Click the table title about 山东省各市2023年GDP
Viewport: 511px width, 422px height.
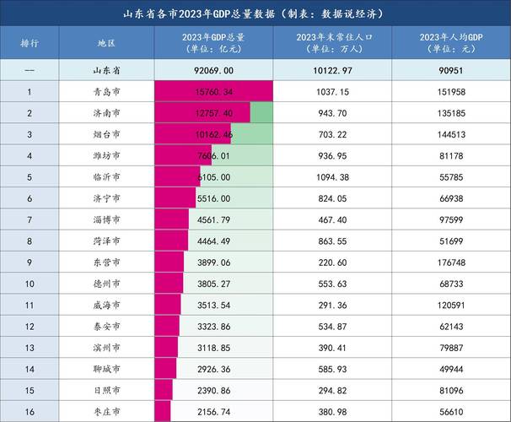(x=255, y=14)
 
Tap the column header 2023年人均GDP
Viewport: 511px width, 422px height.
(x=463, y=42)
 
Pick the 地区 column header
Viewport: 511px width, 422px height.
(x=106, y=41)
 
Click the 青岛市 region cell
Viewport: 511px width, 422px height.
(x=106, y=91)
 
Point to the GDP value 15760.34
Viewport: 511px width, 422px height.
(x=213, y=91)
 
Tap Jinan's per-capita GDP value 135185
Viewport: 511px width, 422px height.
(x=463, y=112)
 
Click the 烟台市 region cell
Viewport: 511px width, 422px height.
(x=106, y=134)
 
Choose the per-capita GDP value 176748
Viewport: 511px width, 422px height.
(x=463, y=262)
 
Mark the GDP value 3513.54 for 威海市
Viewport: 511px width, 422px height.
(x=213, y=305)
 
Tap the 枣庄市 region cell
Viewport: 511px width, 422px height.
(x=106, y=412)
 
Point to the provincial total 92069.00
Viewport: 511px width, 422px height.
(x=213, y=69)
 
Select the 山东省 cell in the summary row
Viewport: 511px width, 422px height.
(x=106, y=69)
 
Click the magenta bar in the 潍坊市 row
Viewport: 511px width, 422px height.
(x=173, y=155)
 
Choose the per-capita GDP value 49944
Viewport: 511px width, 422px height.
(x=463, y=369)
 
